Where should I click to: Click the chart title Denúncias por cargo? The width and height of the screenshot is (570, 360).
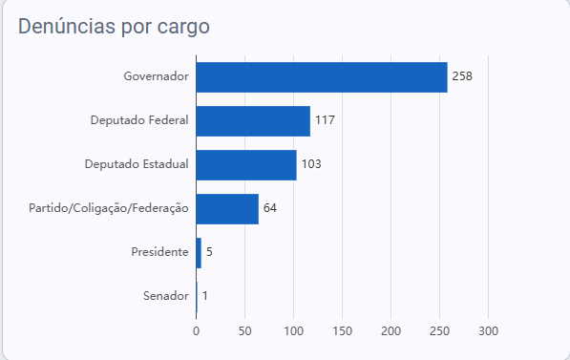(114, 27)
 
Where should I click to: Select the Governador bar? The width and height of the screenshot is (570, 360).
(322, 77)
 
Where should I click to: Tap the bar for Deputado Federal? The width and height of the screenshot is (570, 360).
(253, 121)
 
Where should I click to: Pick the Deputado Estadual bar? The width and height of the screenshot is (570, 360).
(246, 165)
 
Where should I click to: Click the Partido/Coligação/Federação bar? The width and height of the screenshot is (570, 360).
(227, 209)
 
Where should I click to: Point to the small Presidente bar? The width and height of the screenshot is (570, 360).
(199, 253)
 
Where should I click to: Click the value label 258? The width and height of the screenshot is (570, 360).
(462, 76)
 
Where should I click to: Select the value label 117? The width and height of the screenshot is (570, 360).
(325, 120)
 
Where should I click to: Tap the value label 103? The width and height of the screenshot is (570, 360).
(311, 164)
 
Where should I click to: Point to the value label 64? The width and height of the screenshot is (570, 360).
(270, 208)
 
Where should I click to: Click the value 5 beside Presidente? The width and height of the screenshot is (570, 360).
(209, 252)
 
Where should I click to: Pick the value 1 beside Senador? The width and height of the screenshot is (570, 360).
(205, 296)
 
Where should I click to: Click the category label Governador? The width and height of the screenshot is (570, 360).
(156, 76)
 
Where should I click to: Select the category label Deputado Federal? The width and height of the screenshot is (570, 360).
(139, 120)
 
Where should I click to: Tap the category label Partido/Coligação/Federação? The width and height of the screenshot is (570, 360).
(109, 208)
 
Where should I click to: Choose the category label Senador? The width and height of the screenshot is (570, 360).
(166, 296)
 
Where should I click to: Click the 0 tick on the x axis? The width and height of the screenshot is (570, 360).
(197, 331)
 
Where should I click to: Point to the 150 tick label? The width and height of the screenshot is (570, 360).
(342, 331)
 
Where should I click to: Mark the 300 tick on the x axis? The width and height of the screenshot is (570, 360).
(488, 331)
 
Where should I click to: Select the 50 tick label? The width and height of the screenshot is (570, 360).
(245, 331)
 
